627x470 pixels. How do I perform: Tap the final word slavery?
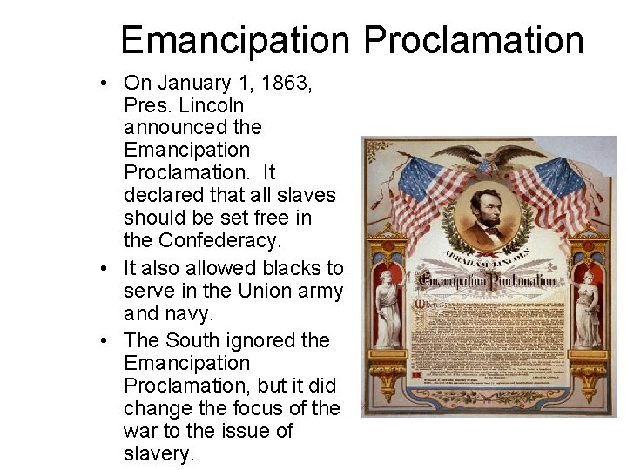point(159,453)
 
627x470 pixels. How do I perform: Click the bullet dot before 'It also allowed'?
point(104,269)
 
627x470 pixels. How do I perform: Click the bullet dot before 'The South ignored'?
point(104,340)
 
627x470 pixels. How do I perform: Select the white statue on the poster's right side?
point(588,310)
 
